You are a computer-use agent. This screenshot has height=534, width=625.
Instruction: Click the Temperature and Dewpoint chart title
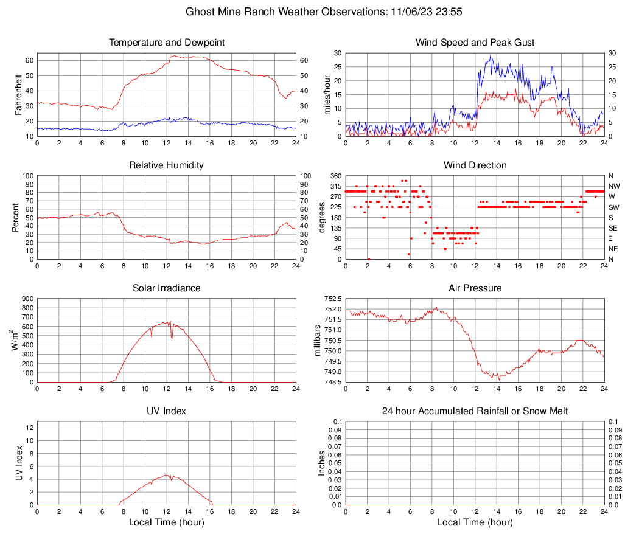(166, 43)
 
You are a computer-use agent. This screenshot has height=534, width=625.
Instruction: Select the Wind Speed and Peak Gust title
(475, 43)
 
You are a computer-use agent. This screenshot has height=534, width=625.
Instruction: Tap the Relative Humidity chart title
(166, 165)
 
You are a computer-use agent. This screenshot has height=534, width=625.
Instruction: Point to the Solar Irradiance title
(166, 288)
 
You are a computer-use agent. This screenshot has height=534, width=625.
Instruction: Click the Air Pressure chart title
(475, 288)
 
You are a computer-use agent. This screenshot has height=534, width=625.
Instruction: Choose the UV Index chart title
(166, 411)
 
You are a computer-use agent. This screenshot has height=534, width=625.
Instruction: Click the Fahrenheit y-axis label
(18, 94)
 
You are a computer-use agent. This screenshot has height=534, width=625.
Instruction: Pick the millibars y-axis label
(318, 341)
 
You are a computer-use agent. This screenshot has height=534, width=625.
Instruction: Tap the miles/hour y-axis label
(327, 94)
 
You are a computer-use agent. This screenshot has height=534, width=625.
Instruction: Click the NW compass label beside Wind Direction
(613, 186)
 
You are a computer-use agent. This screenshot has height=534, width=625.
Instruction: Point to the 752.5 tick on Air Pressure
(332, 299)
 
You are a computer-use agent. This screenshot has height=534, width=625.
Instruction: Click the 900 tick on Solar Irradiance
(27, 299)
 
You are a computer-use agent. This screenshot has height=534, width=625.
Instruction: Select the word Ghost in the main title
(200, 12)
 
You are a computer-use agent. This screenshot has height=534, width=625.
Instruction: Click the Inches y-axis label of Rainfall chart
(322, 463)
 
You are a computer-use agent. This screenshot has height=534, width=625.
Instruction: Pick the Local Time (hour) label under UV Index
(166, 522)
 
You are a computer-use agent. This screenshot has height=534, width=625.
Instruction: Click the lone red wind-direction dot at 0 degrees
(369, 259)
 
